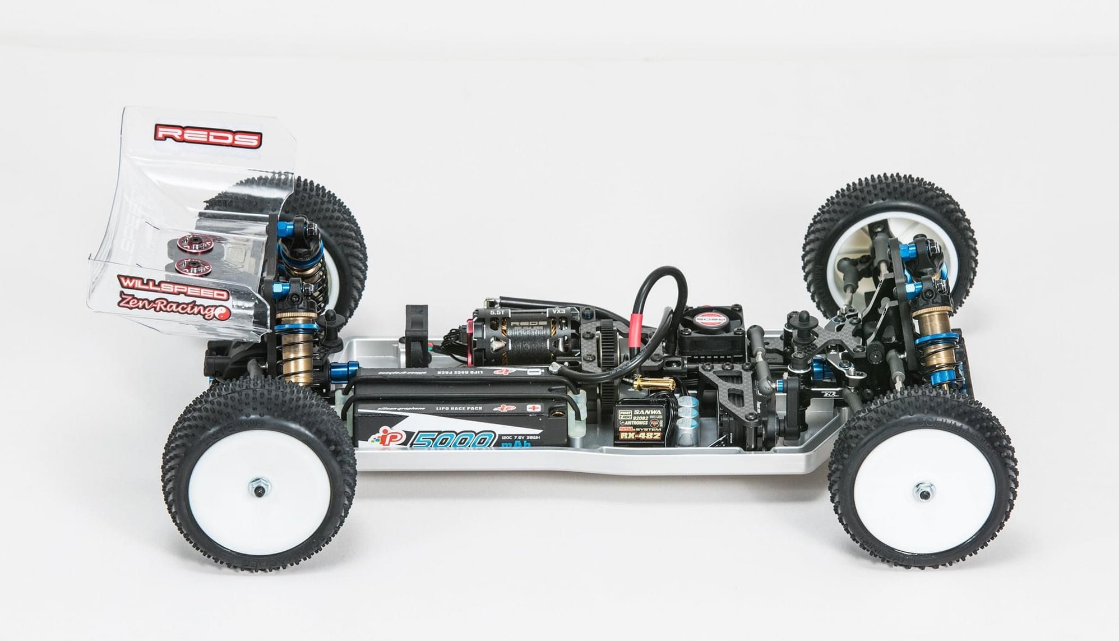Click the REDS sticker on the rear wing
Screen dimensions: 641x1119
tap(208, 136)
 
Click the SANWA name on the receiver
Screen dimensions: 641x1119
tap(647, 411)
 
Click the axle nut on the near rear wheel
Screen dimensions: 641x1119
tap(259, 489)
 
